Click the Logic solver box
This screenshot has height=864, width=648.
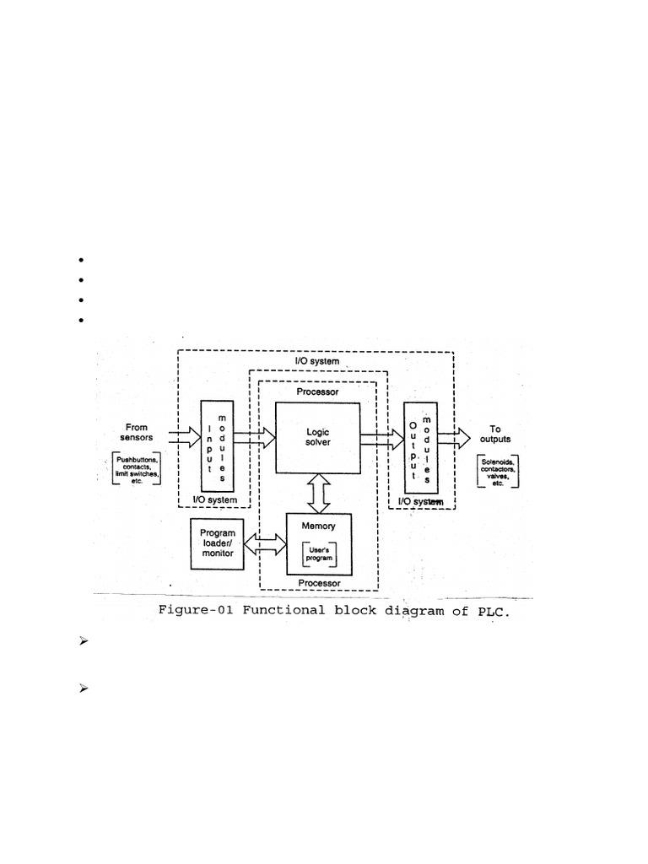pos(317,437)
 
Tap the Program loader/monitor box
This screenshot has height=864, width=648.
pos(217,543)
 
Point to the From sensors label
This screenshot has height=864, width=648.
pos(136,433)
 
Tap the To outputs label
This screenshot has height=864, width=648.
pos(494,434)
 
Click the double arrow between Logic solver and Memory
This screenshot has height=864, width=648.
pos(318,493)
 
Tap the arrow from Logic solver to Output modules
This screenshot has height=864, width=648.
pos(382,437)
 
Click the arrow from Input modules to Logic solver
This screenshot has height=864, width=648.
pos(254,437)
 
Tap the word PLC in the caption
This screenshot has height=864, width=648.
pos(493,612)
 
